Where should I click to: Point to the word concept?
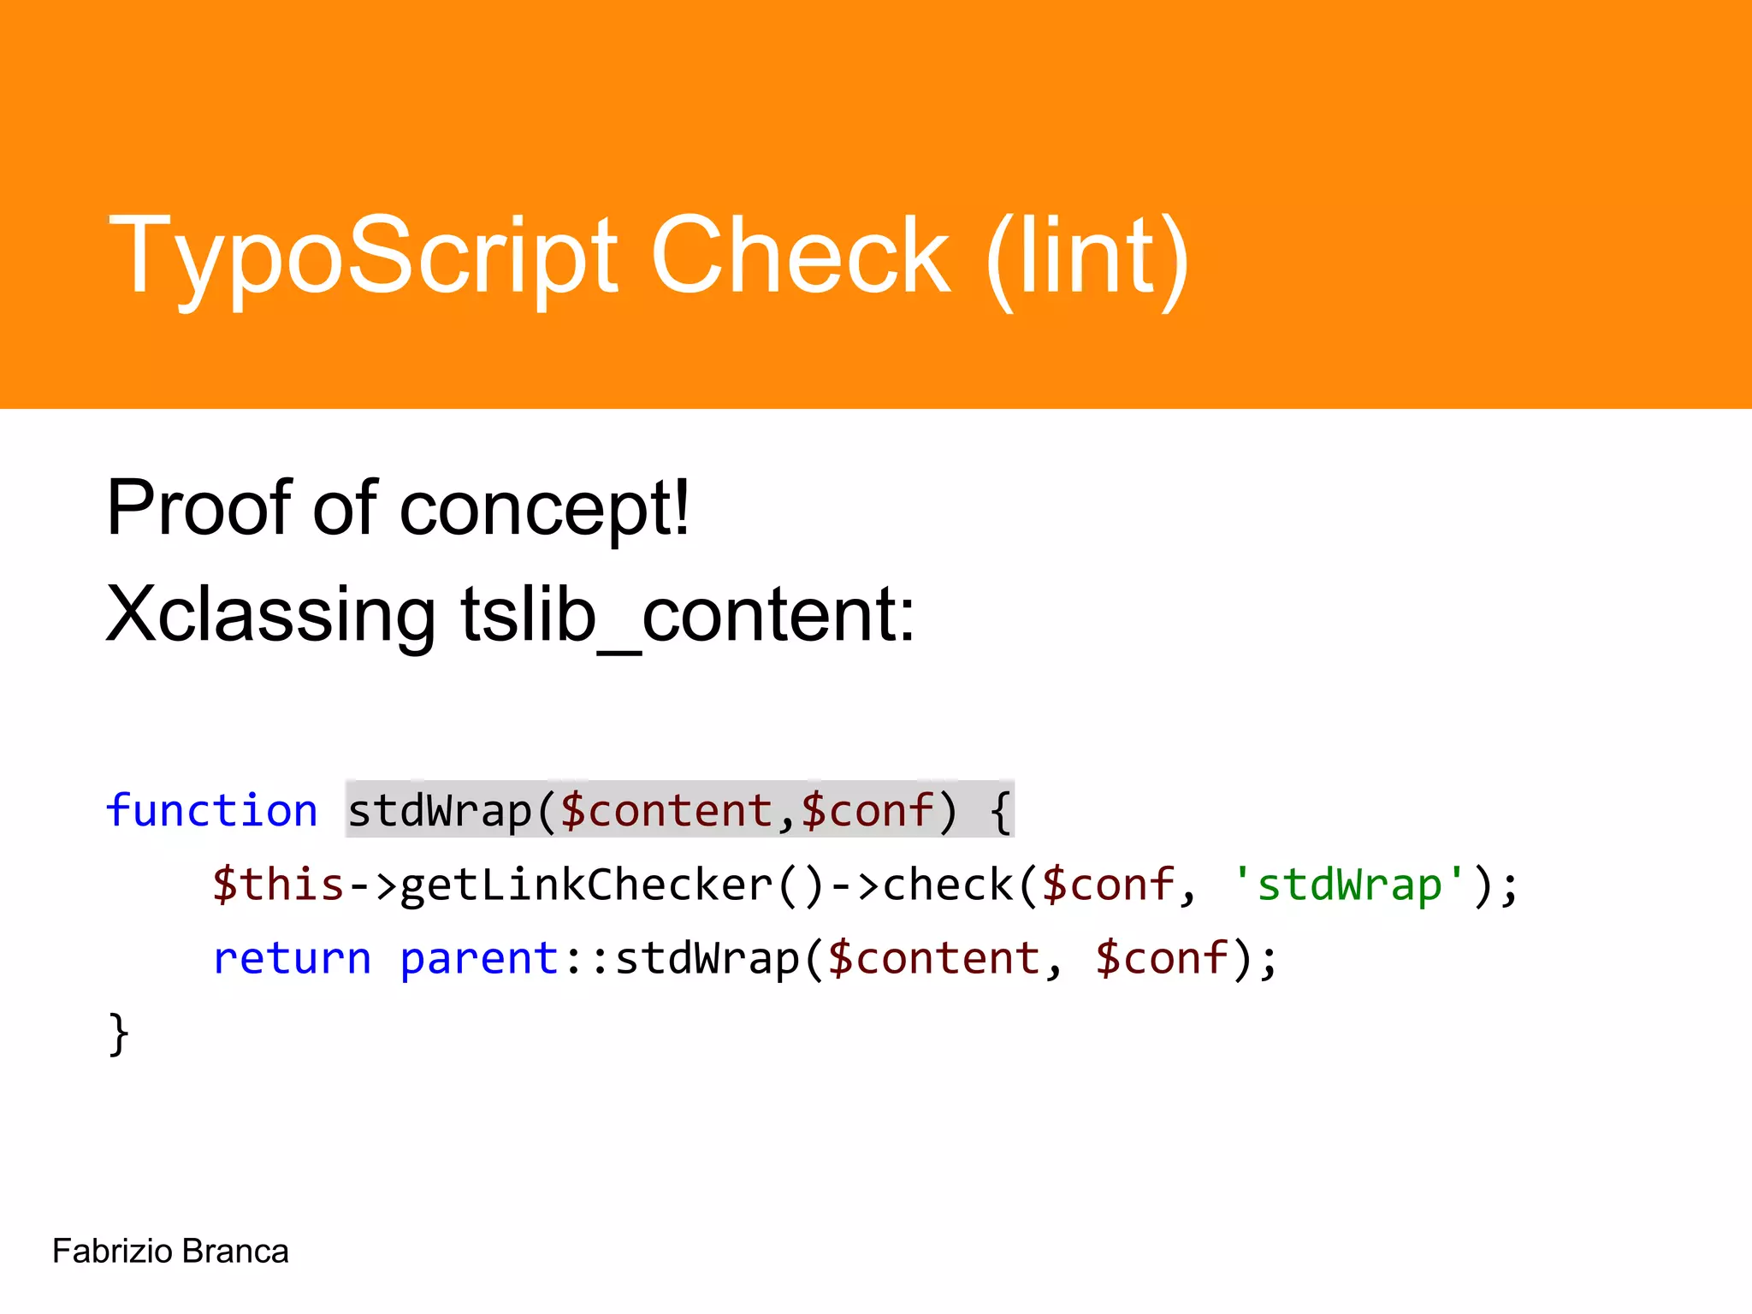tap(544, 510)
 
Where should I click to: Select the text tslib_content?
tap(688, 615)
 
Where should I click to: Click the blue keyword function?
tap(211, 810)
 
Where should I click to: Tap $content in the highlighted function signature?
tap(666, 810)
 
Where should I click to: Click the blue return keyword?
tap(292, 957)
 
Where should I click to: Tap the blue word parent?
tap(479, 959)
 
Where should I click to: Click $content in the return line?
tap(933, 957)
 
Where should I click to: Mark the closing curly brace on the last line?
tap(119, 1033)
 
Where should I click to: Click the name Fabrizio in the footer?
tap(112, 1252)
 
